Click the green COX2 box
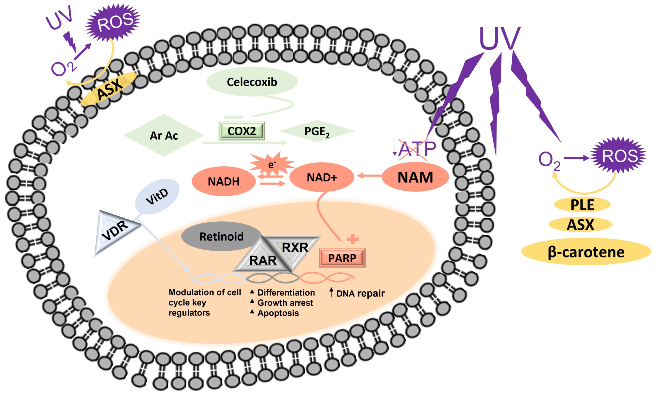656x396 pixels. click(x=242, y=131)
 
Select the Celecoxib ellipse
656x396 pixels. click(x=252, y=82)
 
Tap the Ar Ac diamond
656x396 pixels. click(x=164, y=136)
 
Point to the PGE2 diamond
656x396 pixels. click(x=317, y=131)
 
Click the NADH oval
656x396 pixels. click(x=224, y=181)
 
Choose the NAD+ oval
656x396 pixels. click(x=322, y=177)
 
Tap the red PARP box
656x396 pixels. click(x=342, y=258)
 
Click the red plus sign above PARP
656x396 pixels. click(x=353, y=239)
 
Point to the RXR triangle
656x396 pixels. click(x=295, y=248)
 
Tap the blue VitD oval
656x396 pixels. click(x=157, y=197)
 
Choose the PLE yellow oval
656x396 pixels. click(x=582, y=205)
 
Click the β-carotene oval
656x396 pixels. click(x=586, y=252)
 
